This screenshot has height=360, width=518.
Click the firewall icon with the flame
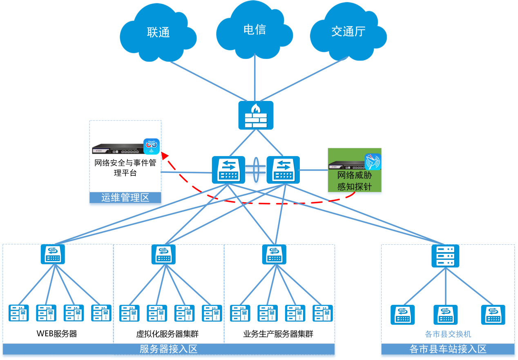point(256,115)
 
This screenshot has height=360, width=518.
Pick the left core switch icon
point(228,170)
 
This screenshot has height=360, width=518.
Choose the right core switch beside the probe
point(283,170)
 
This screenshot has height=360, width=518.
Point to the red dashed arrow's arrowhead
point(164,155)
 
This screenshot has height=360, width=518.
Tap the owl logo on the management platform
point(151,146)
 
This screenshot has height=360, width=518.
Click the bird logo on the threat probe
point(373,162)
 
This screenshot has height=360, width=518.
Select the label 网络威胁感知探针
point(354,181)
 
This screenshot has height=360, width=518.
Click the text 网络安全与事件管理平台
point(125,168)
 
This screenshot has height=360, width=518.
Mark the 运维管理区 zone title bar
point(125,198)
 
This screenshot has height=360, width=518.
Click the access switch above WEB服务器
point(53,254)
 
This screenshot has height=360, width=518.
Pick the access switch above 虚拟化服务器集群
point(163,254)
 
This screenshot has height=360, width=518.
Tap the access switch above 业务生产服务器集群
point(274,254)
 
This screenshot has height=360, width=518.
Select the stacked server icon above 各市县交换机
point(445,256)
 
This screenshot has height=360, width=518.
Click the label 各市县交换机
point(448,334)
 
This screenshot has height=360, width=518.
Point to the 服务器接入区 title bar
point(168,349)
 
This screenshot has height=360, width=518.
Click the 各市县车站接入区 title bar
point(448,349)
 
